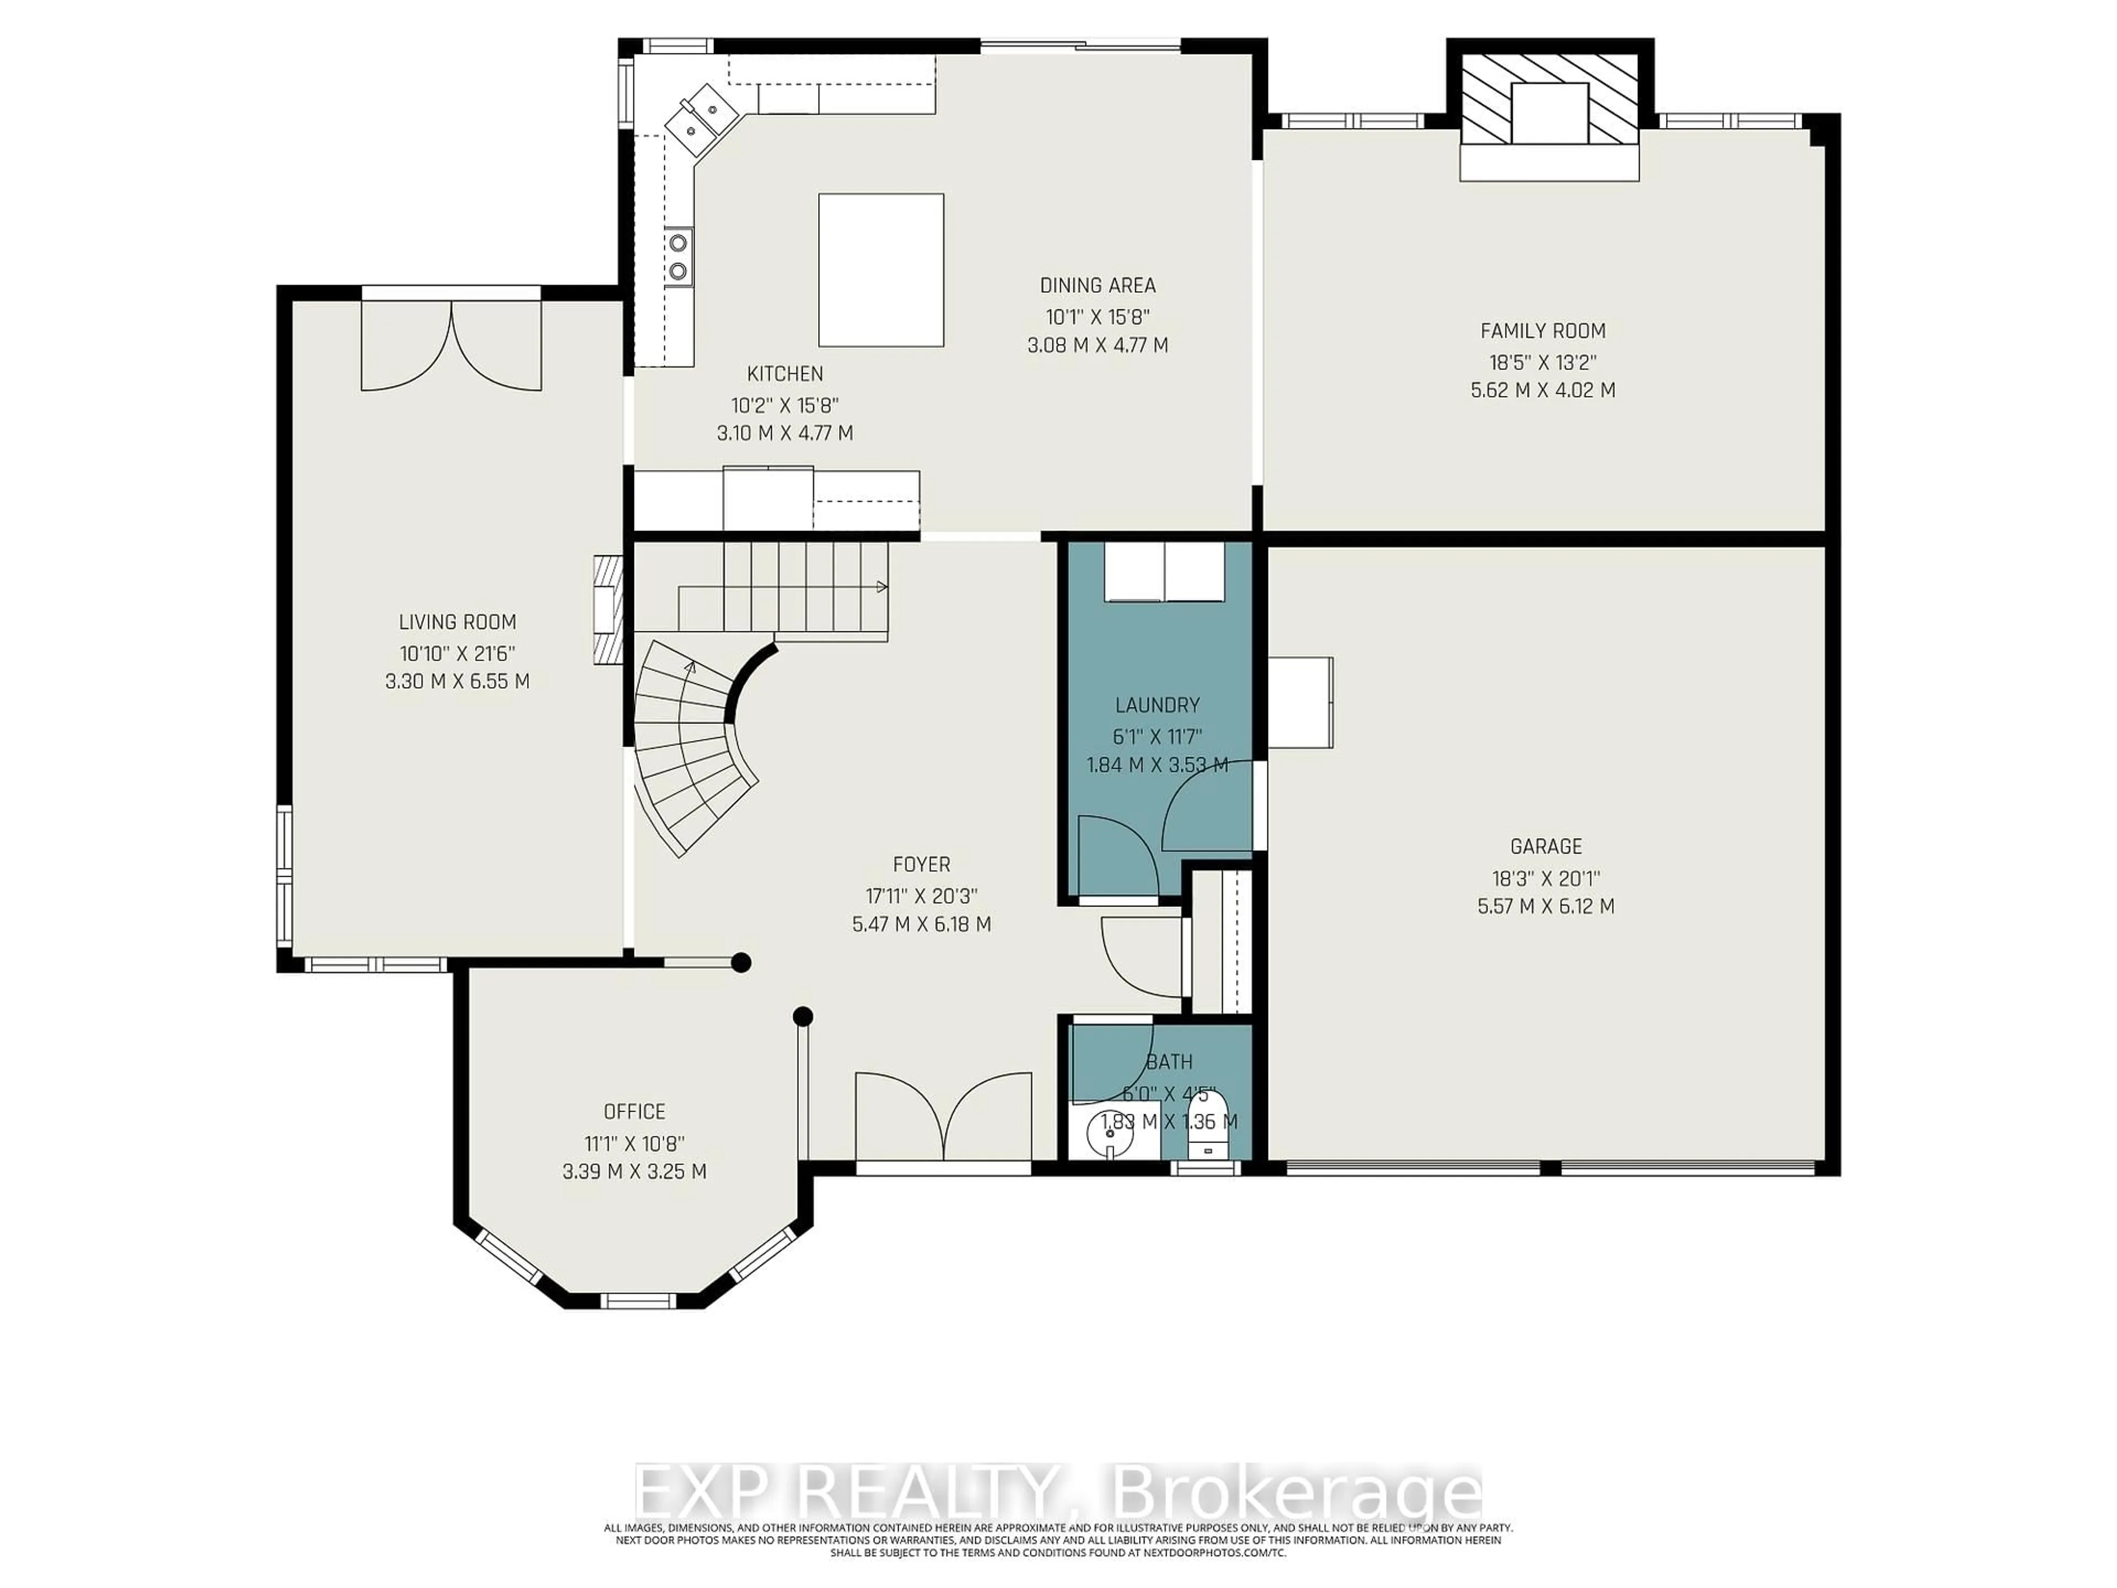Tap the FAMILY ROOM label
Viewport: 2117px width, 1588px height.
tap(1543, 331)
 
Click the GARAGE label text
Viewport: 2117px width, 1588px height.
tap(1546, 846)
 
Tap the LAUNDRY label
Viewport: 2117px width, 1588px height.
tap(1157, 705)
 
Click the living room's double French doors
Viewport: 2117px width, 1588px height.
tap(451, 345)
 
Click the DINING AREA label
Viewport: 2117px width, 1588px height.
tap(1098, 285)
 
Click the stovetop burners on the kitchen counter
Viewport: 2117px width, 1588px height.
tap(679, 256)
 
